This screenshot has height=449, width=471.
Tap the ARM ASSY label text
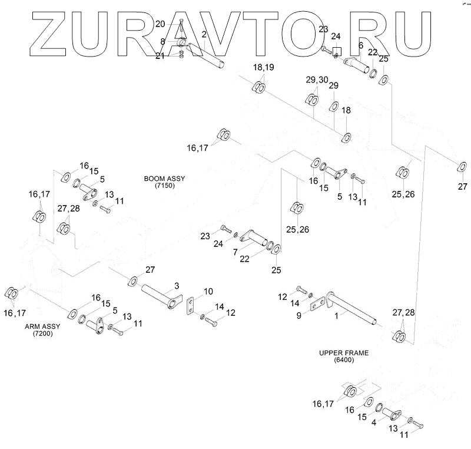coord(41,325)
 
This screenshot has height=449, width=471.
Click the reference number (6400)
coord(344,360)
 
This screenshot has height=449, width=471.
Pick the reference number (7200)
coord(41,333)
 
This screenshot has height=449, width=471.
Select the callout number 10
coord(208,292)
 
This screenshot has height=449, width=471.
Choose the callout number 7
coord(235,252)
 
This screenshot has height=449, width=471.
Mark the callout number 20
coord(160,24)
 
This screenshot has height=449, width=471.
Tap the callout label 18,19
coord(264,68)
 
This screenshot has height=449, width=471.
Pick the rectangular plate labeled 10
coord(191,306)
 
